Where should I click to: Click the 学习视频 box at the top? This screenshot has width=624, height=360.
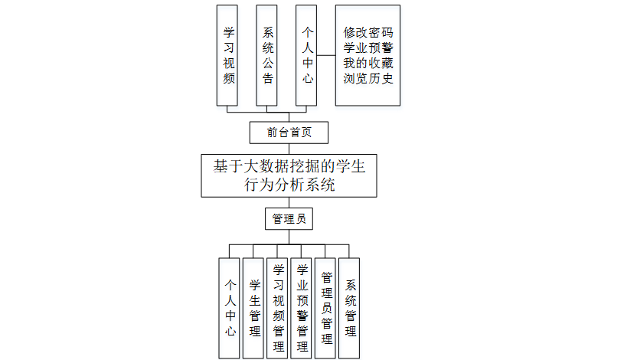(228, 54)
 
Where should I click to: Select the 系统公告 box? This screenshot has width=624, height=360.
(268, 54)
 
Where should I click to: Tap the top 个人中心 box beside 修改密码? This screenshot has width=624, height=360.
(307, 54)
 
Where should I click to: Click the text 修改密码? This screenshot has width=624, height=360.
(368, 34)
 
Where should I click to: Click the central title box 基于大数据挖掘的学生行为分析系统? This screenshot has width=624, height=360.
(289, 175)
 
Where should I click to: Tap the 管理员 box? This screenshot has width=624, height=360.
(289, 219)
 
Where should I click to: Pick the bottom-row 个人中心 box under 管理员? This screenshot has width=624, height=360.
(229, 307)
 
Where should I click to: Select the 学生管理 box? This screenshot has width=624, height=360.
(253, 307)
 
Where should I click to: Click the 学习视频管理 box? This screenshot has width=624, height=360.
(278, 307)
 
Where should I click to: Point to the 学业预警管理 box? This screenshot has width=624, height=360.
(302, 307)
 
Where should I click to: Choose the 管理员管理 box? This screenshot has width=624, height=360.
(325, 307)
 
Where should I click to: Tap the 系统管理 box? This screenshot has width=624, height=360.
(350, 307)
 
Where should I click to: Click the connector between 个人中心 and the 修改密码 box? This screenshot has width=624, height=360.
(326, 54)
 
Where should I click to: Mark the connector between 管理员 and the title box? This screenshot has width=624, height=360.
(289, 203)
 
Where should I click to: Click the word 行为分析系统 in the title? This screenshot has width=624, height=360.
(289, 185)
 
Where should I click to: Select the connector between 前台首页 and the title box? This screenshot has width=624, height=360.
(289, 149)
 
